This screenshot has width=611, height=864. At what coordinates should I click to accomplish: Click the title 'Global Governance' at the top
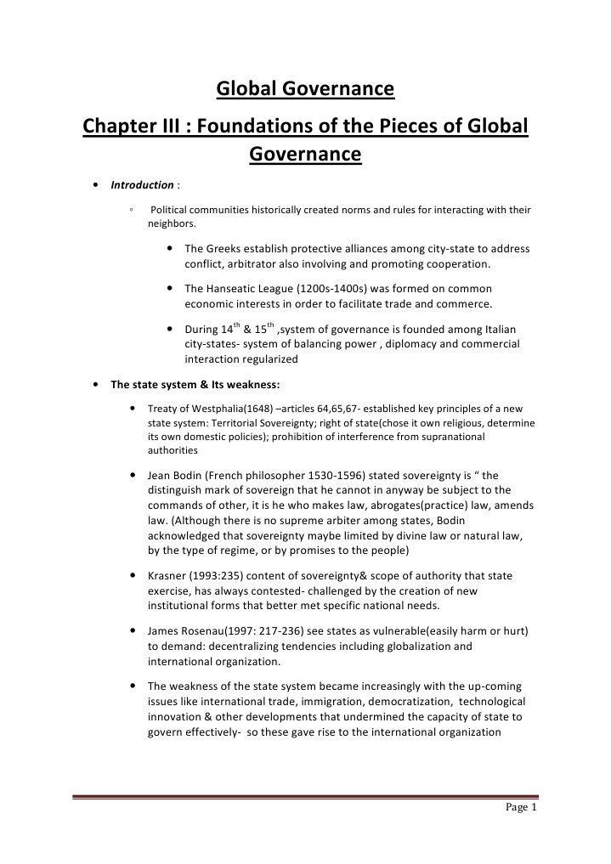(305, 88)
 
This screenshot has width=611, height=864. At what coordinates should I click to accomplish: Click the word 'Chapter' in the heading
(121, 127)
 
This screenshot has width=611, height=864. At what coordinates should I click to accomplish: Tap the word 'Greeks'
(224, 249)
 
